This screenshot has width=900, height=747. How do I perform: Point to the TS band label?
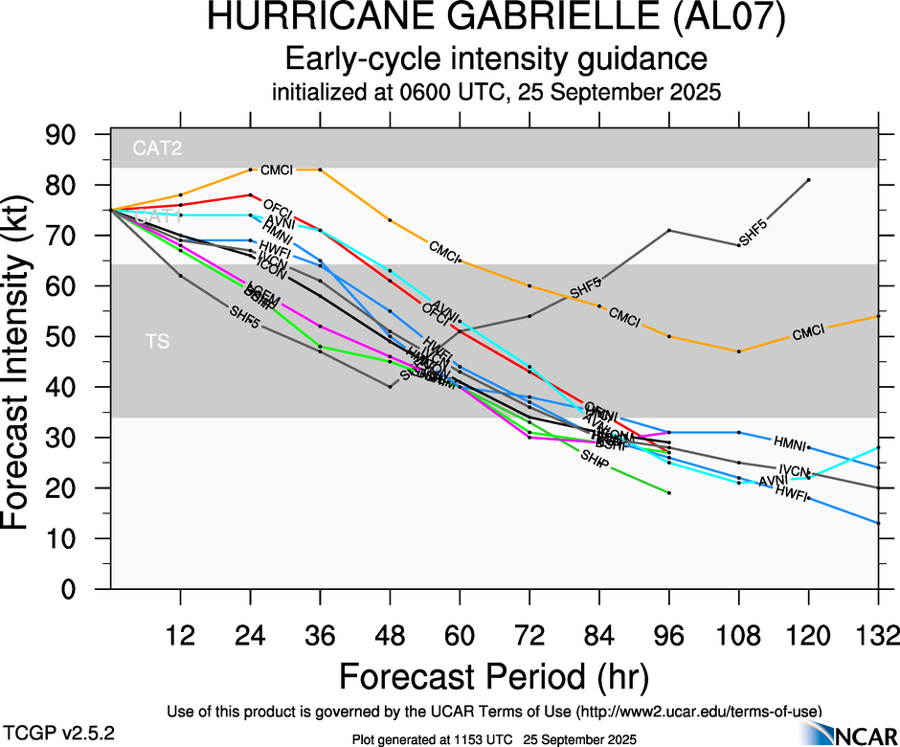click(157, 341)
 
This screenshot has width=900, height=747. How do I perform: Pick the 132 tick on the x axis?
click(878, 635)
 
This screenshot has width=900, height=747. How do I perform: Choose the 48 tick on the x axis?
click(390, 635)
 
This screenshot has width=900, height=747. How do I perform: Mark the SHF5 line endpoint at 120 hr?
click(809, 179)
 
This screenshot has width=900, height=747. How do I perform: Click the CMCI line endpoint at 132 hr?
click(878, 316)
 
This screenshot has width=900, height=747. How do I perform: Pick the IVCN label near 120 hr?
click(794, 470)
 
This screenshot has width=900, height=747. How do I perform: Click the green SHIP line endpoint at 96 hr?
click(669, 492)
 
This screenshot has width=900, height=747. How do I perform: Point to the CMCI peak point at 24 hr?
click(250, 170)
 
